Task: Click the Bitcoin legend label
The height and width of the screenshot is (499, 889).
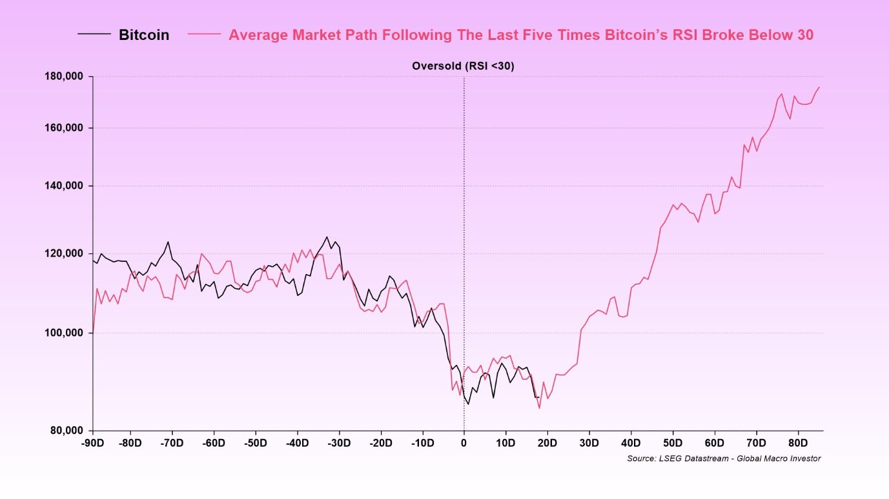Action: click(x=143, y=35)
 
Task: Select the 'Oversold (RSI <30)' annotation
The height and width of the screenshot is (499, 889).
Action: click(x=463, y=66)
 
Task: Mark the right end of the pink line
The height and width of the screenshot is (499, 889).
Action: click(x=819, y=87)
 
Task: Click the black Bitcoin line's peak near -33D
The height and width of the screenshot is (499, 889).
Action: click(x=327, y=237)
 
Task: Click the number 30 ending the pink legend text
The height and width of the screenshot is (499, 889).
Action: click(x=804, y=35)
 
